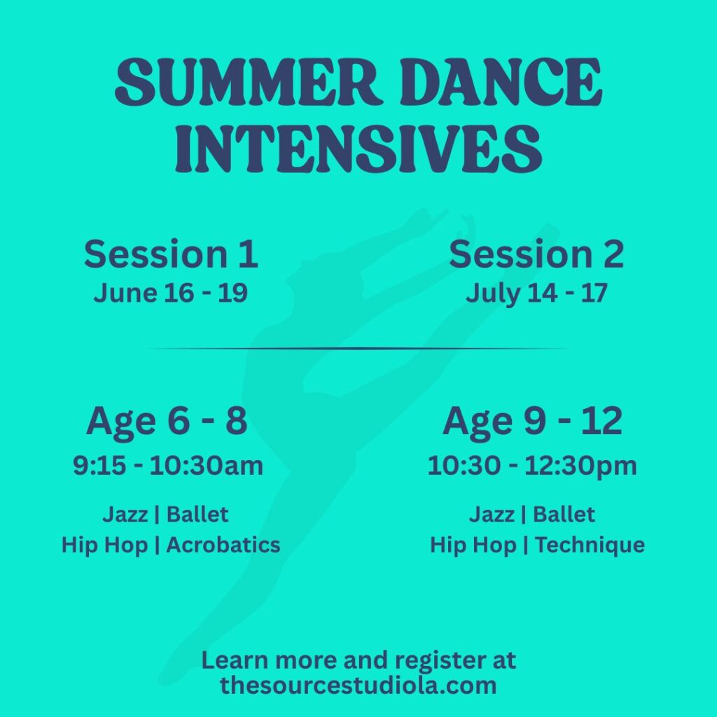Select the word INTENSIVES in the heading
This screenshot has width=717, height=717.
point(358,148)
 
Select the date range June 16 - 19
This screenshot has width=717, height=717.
point(171,293)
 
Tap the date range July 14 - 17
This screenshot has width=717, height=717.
point(536,293)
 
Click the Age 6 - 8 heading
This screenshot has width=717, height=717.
point(167,421)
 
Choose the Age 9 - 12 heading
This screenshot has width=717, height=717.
point(532,421)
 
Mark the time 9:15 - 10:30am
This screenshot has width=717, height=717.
point(168,466)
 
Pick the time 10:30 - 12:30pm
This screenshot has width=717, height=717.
point(532,466)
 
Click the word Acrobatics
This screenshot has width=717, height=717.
point(223,545)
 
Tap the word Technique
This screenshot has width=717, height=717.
point(590,545)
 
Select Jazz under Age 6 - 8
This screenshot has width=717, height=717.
point(125,515)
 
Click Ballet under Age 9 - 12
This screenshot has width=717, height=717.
point(564,515)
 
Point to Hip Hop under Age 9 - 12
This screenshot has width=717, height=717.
point(473,545)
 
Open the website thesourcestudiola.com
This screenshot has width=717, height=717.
point(358,685)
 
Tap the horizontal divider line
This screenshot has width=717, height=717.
point(358,349)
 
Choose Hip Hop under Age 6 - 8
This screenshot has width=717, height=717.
point(105,545)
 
